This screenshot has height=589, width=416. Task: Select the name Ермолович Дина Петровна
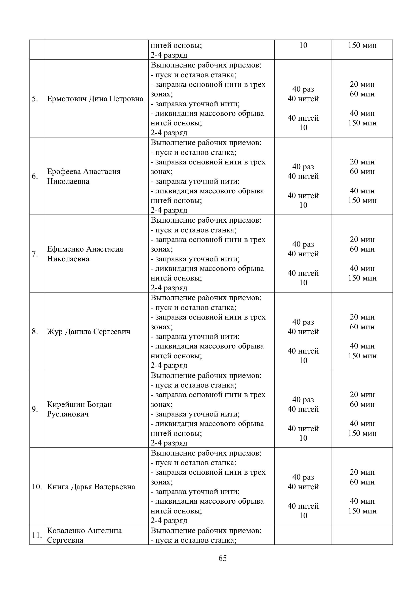[x=95, y=99]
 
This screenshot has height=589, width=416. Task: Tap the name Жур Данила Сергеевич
[x=89, y=332]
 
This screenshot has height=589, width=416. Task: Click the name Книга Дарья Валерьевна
[x=91, y=487]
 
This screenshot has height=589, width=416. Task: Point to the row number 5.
[x=35, y=99]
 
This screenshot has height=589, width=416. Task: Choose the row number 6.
[x=35, y=176]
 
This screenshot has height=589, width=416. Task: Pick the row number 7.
[x=35, y=254]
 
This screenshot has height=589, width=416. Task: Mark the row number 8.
[x=35, y=332]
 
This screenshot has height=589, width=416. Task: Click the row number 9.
[x=35, y=409]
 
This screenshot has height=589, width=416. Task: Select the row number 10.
[x=37, y=487]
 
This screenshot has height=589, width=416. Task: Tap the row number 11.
[x=37, y=535]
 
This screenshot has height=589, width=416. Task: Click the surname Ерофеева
[x=64, y=171]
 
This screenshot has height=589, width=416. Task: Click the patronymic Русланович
[x=68, y=414]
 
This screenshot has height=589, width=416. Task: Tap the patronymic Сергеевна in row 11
[x=65, y=540]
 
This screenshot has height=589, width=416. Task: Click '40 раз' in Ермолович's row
[x=303, y=89]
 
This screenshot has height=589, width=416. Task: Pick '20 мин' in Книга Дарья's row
[x=362, y=472]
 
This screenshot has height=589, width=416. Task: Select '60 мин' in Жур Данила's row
[x=362, y=327]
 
